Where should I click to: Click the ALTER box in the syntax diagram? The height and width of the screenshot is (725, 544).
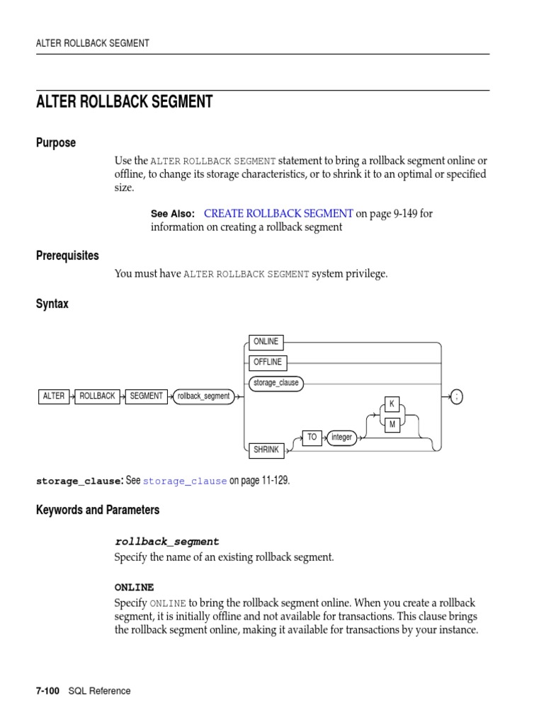(x=54, y=396)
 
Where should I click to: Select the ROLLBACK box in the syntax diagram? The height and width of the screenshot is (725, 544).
(x=97, y=396)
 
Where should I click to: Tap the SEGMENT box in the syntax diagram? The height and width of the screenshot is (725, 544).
(x=147, y=396)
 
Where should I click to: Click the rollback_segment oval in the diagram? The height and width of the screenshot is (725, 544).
(x=203, y=396)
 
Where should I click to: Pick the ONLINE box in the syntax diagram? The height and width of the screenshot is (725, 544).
(x=266, y=342)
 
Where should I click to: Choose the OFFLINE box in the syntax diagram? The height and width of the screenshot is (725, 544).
(x=267, y=362)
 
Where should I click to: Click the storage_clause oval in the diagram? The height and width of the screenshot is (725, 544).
(x=276, y=383)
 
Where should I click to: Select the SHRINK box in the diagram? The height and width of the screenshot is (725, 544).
(x=266, y=450)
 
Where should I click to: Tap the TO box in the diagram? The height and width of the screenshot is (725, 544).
(x=312, y=438)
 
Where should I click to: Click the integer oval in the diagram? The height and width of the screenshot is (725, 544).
(x=341, y=438)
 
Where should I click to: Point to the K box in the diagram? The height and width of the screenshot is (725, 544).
(x=391, y=404)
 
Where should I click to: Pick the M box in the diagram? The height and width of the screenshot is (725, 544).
(x=391, y=424)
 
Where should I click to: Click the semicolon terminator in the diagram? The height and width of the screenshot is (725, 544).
(x=457, y=396)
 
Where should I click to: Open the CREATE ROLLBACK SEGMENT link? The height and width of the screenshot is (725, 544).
(x=278, y=213)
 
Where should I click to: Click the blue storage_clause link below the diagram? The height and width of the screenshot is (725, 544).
(x=185, y=481)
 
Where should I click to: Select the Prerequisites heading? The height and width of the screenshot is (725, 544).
(x=67, y=256)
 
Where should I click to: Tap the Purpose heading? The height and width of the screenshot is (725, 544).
(x=56, y=143)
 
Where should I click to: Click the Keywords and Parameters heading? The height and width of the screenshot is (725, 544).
(x=98, y=510)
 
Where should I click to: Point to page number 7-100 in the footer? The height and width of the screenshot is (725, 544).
(x=47, y=691)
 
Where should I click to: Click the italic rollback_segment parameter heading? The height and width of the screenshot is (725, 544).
(x=167, y=542)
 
